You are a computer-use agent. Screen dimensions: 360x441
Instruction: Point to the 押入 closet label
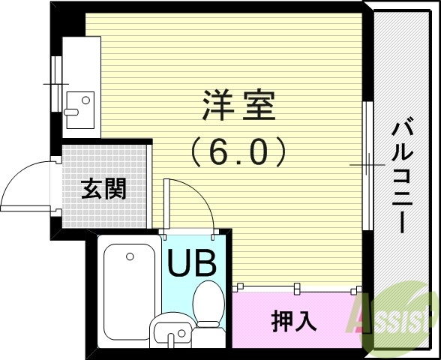[x=293, y=322]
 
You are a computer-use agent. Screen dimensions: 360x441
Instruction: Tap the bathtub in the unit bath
[x=128, y=293]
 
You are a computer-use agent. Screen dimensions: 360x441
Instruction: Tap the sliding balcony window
[x=367, y=165]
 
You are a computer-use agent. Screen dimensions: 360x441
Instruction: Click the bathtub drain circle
[x=130, y=257]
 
